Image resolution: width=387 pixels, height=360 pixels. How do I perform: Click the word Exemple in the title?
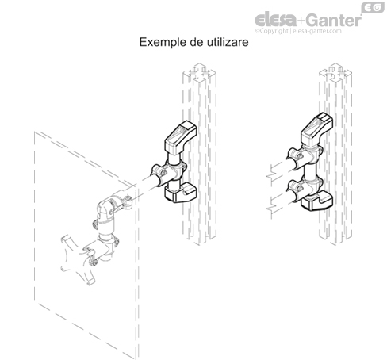pos(163,42)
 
